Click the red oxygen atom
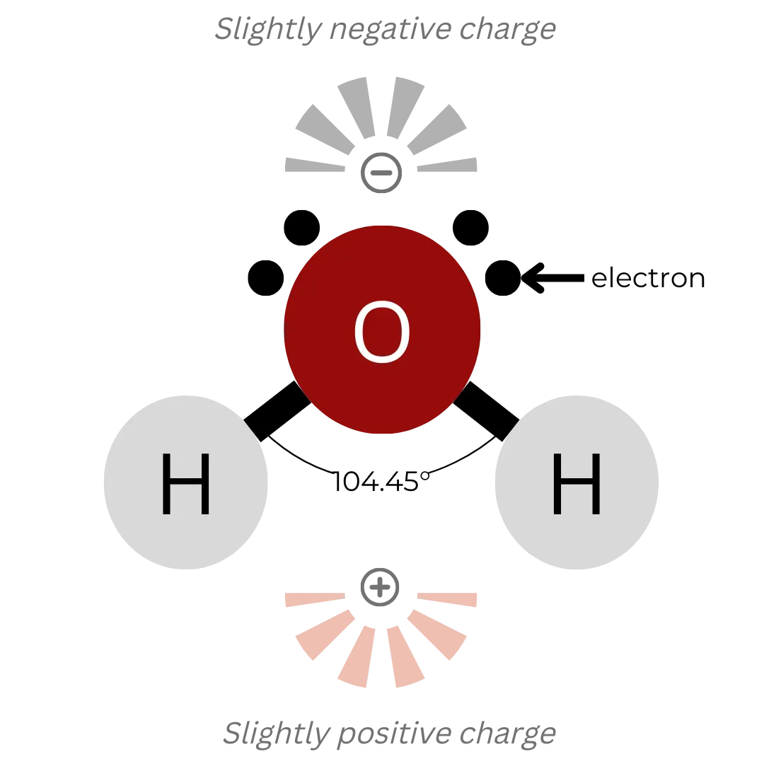[382, 330]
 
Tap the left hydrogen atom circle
[185, 482]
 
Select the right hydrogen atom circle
[577, 482]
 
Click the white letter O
[382, 332]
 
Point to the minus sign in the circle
[381, 173]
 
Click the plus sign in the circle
[380, 587]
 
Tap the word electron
[648, 278]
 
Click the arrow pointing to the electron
[552, 278]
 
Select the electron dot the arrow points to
[503, 278]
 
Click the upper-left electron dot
[301, 228]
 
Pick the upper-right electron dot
[470, 228]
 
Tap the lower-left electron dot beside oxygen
[266, 278]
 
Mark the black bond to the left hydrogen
[277, 411]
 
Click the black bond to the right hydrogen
[486, 411]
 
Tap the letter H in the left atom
[185, 483]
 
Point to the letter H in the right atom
[577, 483]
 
